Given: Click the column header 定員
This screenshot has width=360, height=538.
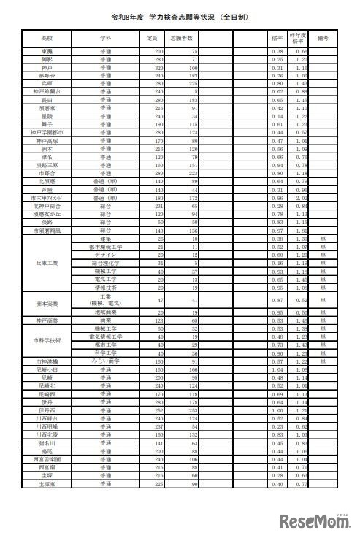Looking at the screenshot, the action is [x=152, y=36].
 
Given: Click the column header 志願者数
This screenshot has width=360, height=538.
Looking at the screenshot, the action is [x=183, y=36].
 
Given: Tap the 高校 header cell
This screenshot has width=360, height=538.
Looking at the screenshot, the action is [x=47, y=36].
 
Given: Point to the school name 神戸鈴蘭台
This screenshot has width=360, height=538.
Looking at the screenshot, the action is [x=47, y=91].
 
